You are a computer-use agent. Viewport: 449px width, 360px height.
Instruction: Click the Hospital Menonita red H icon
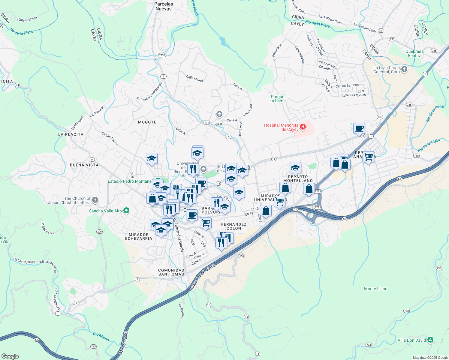[x=303, y=127]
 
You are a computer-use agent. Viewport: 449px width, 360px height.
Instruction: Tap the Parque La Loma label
[x=278, y=99]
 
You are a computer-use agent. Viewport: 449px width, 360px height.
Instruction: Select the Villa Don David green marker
[x=430, y=340]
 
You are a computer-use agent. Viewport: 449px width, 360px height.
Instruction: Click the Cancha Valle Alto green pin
[x=126, y=211]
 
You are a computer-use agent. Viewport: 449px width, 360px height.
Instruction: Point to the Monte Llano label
[x=375, y=289]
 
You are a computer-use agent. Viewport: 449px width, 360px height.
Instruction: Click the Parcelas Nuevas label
[x=164, y=6]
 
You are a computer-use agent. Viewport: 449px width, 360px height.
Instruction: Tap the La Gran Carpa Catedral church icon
[x=404, y=70]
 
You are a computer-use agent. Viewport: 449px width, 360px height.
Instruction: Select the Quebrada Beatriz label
[x=414, y=53]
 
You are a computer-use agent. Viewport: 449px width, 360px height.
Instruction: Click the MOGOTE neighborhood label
[x=147, y=122]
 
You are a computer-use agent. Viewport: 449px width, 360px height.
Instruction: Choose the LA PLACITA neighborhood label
[x=71, y=134]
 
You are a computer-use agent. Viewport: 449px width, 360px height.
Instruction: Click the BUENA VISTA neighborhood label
[x=84, y=165]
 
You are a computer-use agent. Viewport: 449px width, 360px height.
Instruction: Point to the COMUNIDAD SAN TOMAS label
[x=171, y=272]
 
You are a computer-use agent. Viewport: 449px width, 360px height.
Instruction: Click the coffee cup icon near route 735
[x=359, y=128]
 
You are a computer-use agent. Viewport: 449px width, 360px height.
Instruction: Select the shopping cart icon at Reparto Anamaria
[x=368, y=157]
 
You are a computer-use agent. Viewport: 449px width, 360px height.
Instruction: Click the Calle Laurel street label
[x=194, y=79]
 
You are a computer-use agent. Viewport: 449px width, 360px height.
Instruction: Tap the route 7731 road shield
[x=162, y=55]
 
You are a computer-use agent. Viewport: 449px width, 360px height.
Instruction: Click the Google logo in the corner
[x=10, y=356]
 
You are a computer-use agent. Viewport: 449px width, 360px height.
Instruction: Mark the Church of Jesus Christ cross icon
[x=95, y=200]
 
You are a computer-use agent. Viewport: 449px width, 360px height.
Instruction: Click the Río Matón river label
[x=101, y=337]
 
